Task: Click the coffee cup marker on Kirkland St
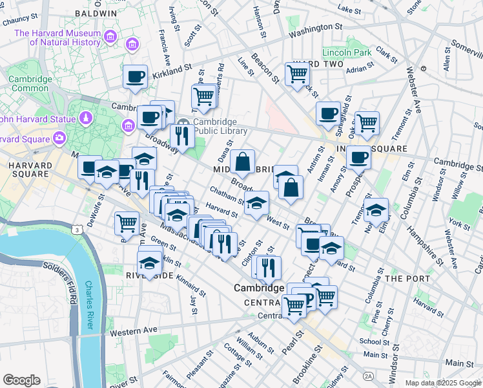point(135,76)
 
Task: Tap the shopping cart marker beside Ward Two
point(296,74)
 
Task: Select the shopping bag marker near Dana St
point(242,164)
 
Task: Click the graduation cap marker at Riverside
point(150,263)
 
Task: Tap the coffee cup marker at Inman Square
point(358,156)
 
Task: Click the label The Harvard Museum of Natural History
point(57,38)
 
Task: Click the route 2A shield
point(368,376)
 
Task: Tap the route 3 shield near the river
point(77,230)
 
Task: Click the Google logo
point(21,380)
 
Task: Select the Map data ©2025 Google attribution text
point(442,383)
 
